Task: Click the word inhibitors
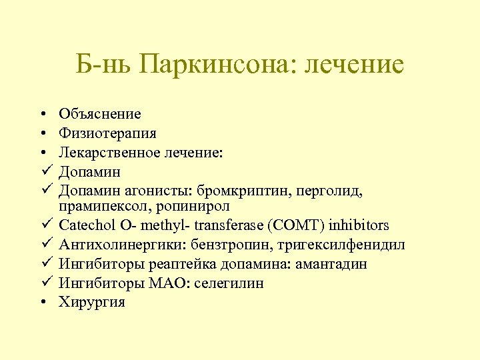point(359,226)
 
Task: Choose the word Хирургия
point(92,302)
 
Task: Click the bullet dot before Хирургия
point(42,303)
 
